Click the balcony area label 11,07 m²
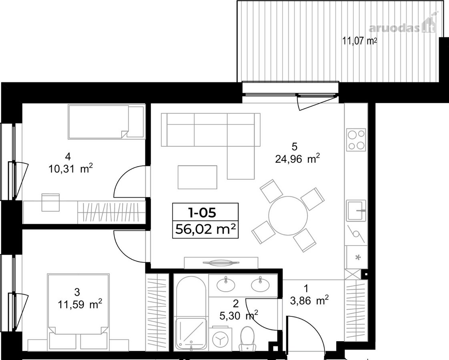(x=359, y=41)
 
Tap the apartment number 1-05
(x=202, y=212)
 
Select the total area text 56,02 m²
(x=205, y=229)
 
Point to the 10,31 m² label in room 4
(x=70, y=169)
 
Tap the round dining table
(x=288, y=216)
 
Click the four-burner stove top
(x=356, y=140)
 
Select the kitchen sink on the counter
(x=356, y=210)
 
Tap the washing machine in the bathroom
(x=220, y=339)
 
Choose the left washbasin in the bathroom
(x=226, y=284)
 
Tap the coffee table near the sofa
(x=197, y=177)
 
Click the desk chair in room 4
(x=50, y=202)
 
